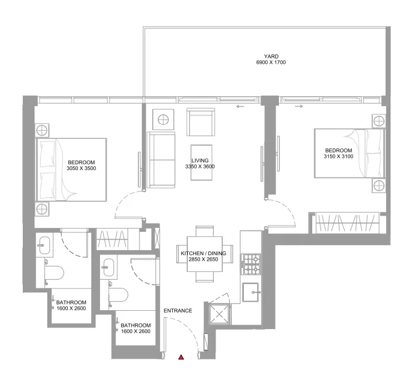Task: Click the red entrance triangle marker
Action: click(x=181, y=357)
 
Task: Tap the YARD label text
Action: click(x=271, y=56)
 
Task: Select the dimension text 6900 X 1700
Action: click(x=271, y=62)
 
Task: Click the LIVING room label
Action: click(x=199, y=160)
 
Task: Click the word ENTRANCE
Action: click(x=178, y=311)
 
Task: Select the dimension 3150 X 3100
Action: click(x=338, y=157)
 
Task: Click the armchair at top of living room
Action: click(x=201, y=122)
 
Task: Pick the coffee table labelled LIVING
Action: click(x=201, y=162)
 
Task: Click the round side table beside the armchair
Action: click(x=163, y=119)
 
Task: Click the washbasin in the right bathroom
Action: click(x=109, y=266)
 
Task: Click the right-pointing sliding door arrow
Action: click(x=299, y=106)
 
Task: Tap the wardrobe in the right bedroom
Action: click(x=347, y=223)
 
